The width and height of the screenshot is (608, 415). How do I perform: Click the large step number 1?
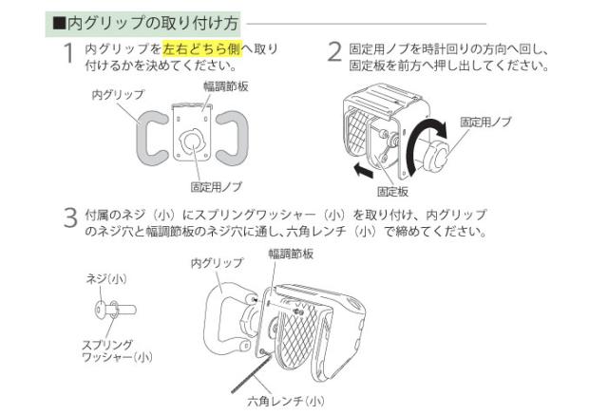tap(69, 53)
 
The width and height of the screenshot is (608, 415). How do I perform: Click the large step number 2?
tap(333, 53)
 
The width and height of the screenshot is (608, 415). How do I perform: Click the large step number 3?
tap(69, 218)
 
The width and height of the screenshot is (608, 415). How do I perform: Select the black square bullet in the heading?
tap(57, 20)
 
